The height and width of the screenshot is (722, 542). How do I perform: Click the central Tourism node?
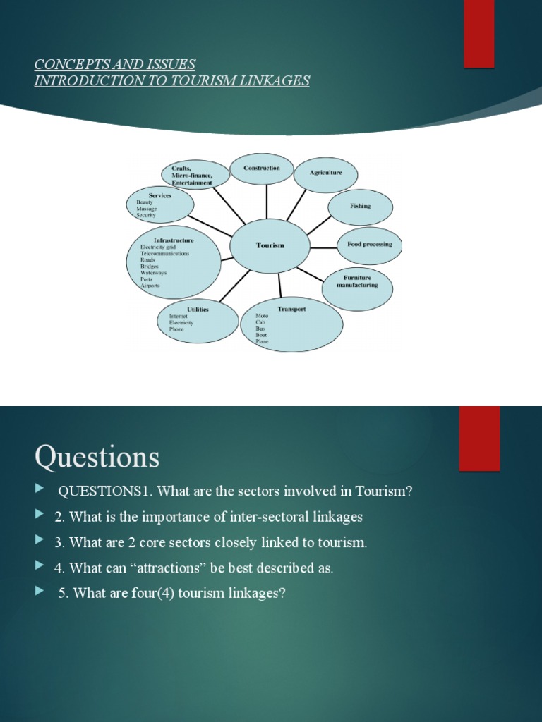pyautogui.click(x=270, y=246)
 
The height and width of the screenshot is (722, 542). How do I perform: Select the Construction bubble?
pyautogui.click(x=262, y=169)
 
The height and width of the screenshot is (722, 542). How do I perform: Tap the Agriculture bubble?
pyautogui.click(x=325, y=174)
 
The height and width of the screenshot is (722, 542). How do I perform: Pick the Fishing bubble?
pyautogui.click(x=360, y=207)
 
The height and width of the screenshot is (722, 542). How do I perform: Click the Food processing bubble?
pyautogui.click(x=364, y=245)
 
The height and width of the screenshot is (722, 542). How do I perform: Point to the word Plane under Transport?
pyautogui.click(x=262, y=342)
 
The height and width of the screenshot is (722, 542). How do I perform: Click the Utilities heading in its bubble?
pyautogui.click(x=197, y=309)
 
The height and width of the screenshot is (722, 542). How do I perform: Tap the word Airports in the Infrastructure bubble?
pyautogui.click(x=150, y=286)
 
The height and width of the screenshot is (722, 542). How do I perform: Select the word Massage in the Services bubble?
pyautogui.click(x=147, y=209)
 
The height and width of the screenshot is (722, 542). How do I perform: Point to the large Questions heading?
pyautogui.click(x=97, y=458)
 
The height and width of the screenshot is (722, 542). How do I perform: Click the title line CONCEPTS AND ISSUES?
pyautogui.click(x=115, y=65)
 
